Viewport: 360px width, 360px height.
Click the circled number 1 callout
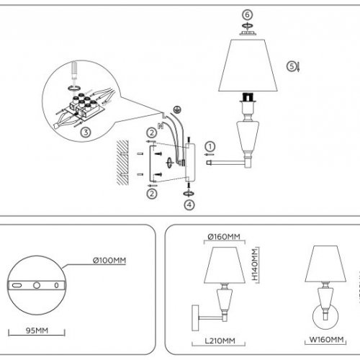[x=210, y=147]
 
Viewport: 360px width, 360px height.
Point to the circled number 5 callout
[x=292, y=66]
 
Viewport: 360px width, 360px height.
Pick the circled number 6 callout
[x=246, y=14]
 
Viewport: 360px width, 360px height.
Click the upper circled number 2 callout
[x=152, y=132]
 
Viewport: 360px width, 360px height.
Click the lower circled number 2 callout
[x=152, y=193]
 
